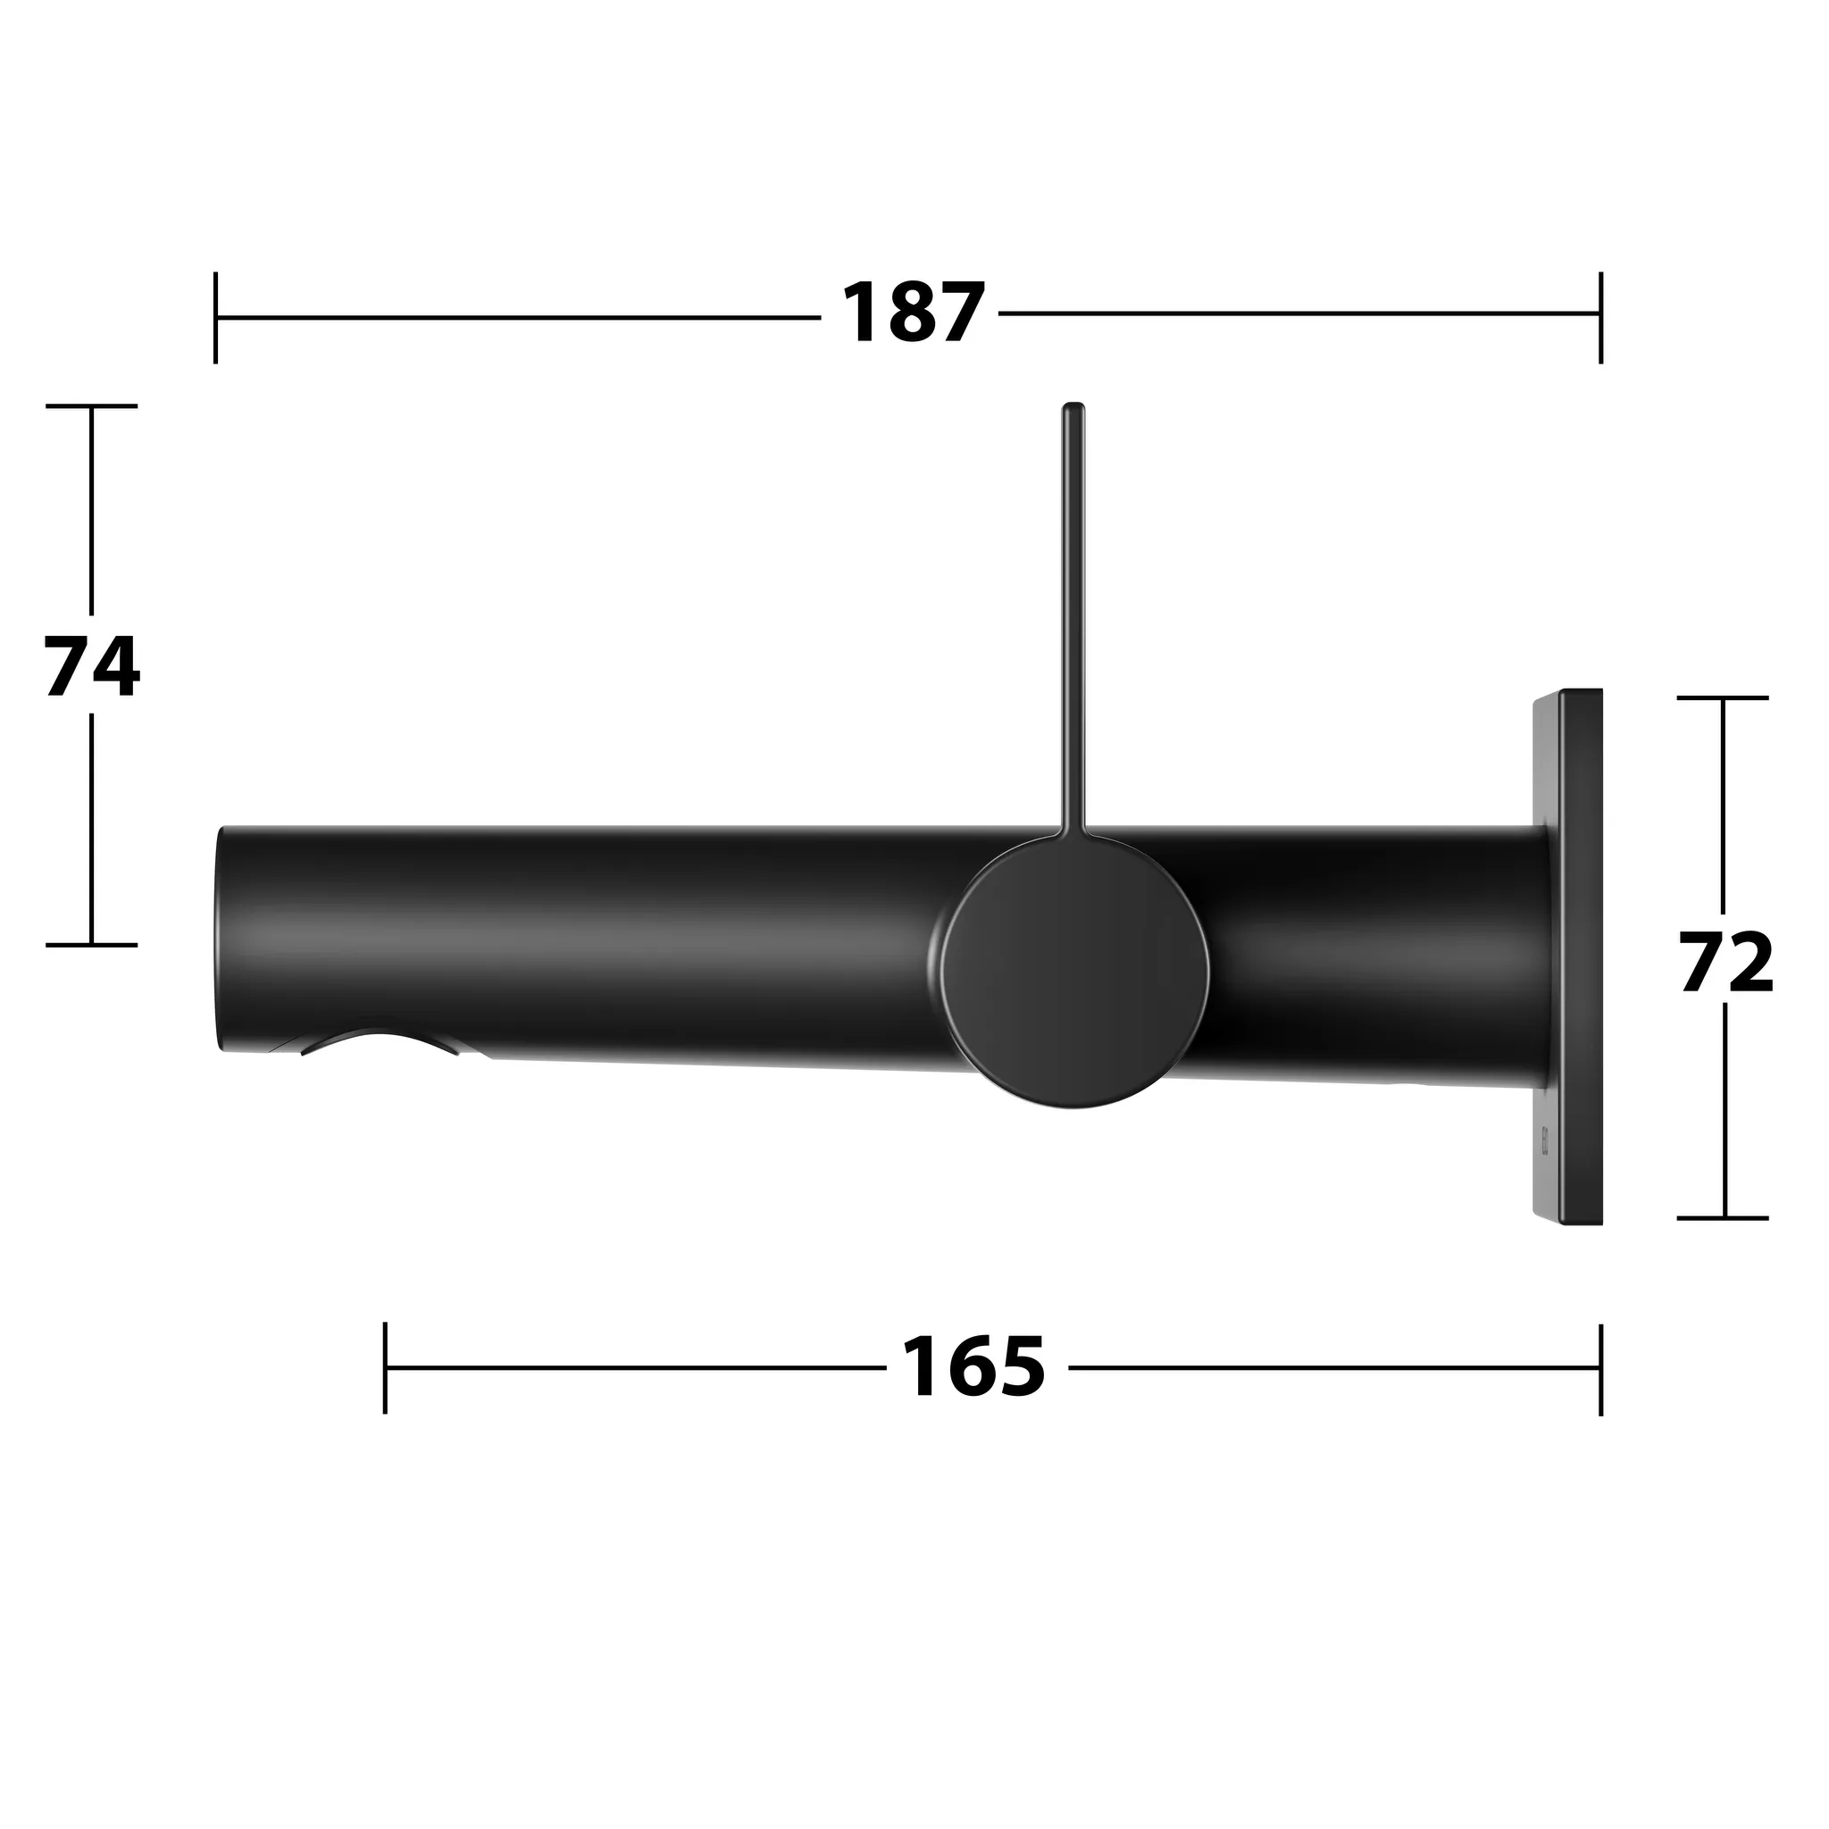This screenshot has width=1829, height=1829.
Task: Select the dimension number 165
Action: point(973,1368)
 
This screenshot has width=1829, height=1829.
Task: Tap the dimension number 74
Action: point(92,666)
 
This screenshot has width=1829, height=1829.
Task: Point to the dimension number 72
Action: point(1725,963)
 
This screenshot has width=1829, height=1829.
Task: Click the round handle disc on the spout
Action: point(1076,973)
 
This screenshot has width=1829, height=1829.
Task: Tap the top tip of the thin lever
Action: point(1073,409)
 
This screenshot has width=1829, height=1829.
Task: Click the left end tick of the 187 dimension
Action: point(216,317)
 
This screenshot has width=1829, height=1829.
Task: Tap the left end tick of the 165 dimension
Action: point(385,1368)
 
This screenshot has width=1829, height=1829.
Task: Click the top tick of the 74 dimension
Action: point(92,406)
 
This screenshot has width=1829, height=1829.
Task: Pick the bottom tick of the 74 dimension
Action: point(92,945)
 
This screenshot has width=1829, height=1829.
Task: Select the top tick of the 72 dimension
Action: point(1723,697)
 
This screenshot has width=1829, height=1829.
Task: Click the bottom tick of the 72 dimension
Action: point(1723,1218)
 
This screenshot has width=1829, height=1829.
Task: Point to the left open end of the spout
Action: point(221,937)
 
